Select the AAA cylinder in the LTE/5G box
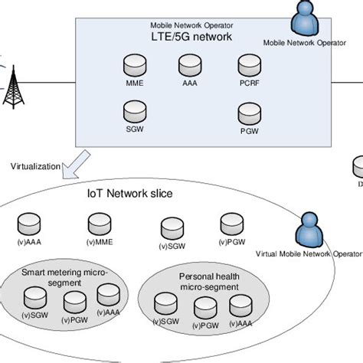click(x=191, y=63)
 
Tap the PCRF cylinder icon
click(x=248, y=64)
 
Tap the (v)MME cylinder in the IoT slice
click(x=99, y=224)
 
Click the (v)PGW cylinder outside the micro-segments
click(x=232, y=224)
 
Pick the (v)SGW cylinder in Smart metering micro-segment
click(x=34, y=296)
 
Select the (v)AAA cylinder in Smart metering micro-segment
click(x=107, y=295)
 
